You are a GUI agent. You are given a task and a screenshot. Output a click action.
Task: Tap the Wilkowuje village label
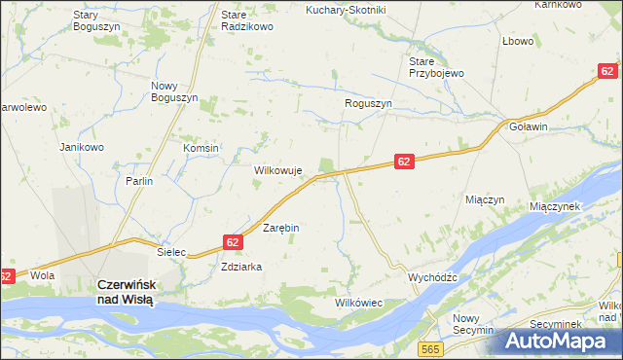pos(279,169)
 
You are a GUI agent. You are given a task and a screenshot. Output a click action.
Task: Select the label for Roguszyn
pos(368,103)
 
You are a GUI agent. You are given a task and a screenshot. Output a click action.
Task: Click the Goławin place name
pos(529,126)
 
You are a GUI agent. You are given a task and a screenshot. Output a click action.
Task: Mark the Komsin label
pos(202,148)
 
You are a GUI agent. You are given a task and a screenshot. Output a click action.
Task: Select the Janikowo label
pos(82,147)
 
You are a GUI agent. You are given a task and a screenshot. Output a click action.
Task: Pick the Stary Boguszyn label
pos(97,20)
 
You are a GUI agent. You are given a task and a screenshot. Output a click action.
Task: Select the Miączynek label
pos(555,206)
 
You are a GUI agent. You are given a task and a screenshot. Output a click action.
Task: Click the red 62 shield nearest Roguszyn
pos(406,162)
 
